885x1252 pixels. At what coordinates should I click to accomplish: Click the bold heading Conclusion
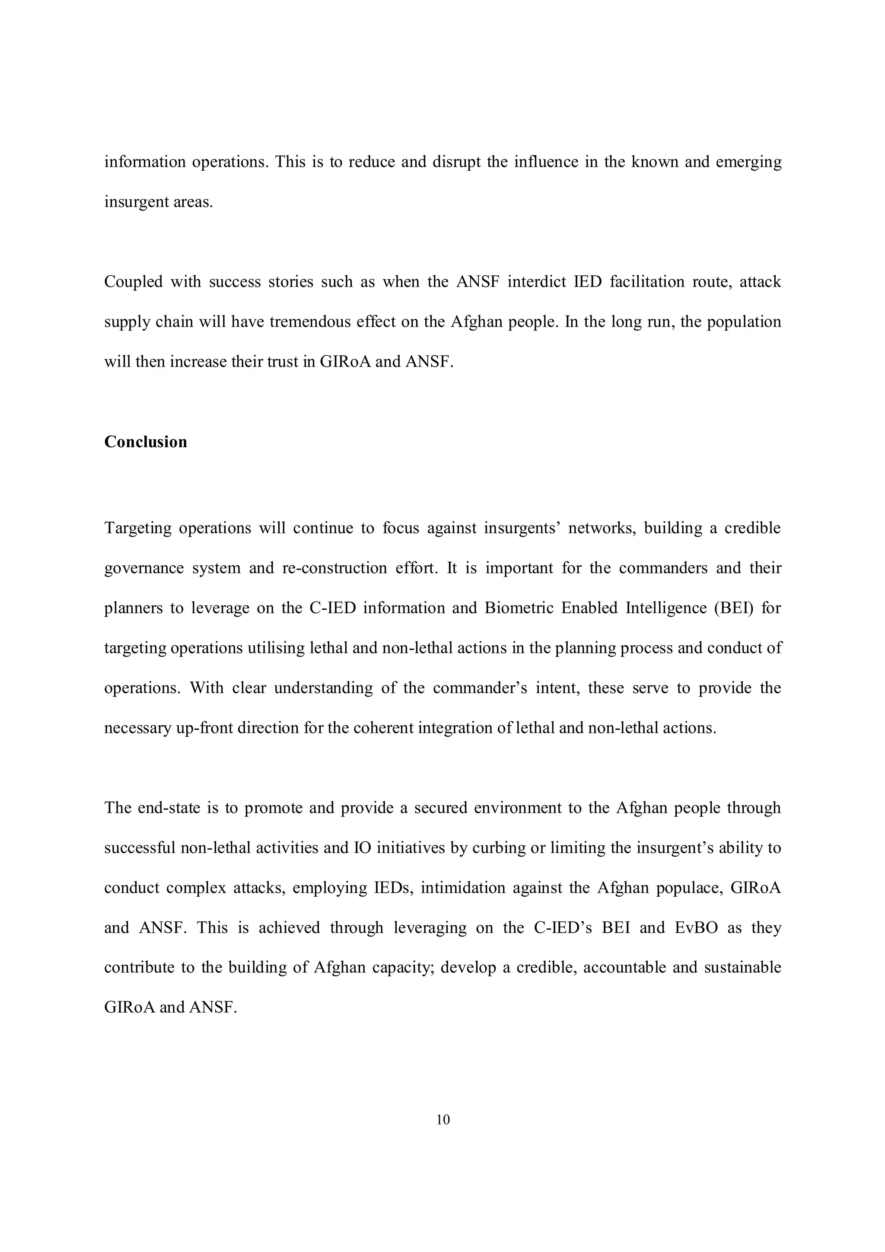[x=146, y=442]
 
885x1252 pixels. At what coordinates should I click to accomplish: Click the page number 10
[x=443, y=1119]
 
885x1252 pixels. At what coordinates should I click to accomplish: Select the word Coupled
[x=133, y=282]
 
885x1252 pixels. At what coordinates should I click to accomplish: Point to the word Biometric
[x=514, y=608]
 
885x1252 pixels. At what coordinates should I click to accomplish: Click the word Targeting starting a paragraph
[x=137, y=529]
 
